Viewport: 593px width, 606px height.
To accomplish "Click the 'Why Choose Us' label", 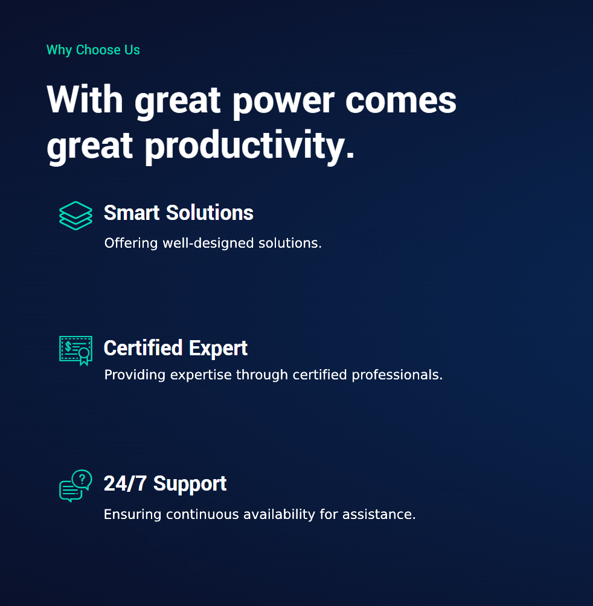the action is [x=93, y=50].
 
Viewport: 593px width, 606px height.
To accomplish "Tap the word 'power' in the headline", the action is [x=284, y=102].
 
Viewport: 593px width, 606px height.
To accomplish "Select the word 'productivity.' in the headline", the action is [x=249, y=147].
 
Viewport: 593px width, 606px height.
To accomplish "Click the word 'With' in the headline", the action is [x=85, y=99].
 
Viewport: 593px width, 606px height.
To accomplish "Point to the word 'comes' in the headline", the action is [x=400, y=101].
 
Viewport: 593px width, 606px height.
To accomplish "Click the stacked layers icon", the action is [x=75, y=216].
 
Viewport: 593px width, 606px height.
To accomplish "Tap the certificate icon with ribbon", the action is [x=75, y=350].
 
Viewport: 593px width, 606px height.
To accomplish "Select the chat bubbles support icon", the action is [x=75, y=486].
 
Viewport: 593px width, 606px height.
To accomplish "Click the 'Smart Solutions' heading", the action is [x=179, y=213].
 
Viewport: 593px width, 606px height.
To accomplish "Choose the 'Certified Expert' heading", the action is [x=175, y=348].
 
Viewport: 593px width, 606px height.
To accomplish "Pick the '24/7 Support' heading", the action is [x=165, y=483].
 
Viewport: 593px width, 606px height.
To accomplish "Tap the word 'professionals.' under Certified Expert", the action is [x=397, y=375].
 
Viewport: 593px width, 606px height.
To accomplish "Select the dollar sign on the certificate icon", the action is [x=68, y=346].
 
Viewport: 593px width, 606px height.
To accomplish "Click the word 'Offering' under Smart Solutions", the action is [x=131, y=243].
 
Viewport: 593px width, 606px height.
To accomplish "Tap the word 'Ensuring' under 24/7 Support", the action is [x=132, y=514].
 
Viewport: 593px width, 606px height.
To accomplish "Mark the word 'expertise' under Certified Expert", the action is [x=201, y=375].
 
